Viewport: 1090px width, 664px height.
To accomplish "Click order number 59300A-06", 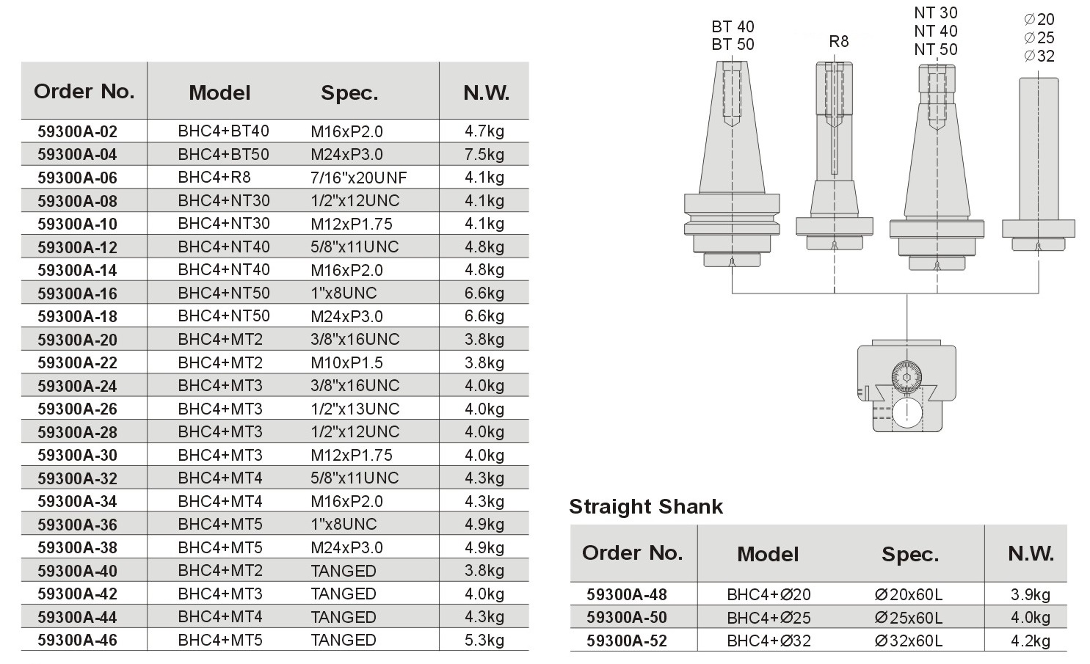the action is click(x=77, y=178).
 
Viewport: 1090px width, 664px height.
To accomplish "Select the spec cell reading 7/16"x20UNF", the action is click(x=359, y=178).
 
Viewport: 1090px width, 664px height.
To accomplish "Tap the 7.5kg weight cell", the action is click(x=484, y=154).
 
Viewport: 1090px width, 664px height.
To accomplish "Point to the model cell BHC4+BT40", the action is click(x=223, y=131).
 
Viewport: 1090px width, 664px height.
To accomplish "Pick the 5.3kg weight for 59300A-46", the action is click(x=484, y=640).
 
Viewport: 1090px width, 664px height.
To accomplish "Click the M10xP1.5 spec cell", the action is click(x=347, y=362).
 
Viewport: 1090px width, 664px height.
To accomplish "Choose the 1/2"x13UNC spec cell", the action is click(x=355, y=409).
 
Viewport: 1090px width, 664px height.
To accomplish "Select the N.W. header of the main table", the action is click(x=486, y=92).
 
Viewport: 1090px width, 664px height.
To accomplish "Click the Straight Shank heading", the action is click(x=646, y=506).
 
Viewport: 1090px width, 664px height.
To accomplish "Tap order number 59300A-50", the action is click(x=627, y=617).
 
